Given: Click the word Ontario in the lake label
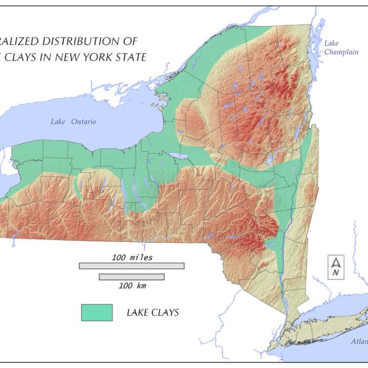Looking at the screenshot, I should click(82, 122).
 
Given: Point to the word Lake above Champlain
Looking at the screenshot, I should click(332, 43).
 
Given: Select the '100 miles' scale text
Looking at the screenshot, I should click(132, 258).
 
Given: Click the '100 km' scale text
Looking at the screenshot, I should click(132, 285).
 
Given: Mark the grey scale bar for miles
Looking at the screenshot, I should click(131, 266).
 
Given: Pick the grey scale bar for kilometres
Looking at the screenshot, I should click(131, 277).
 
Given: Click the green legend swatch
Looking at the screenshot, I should click(97, 312).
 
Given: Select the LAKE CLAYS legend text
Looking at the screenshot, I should click(152, 313).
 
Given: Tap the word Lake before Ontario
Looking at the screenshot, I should click(58, 122).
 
